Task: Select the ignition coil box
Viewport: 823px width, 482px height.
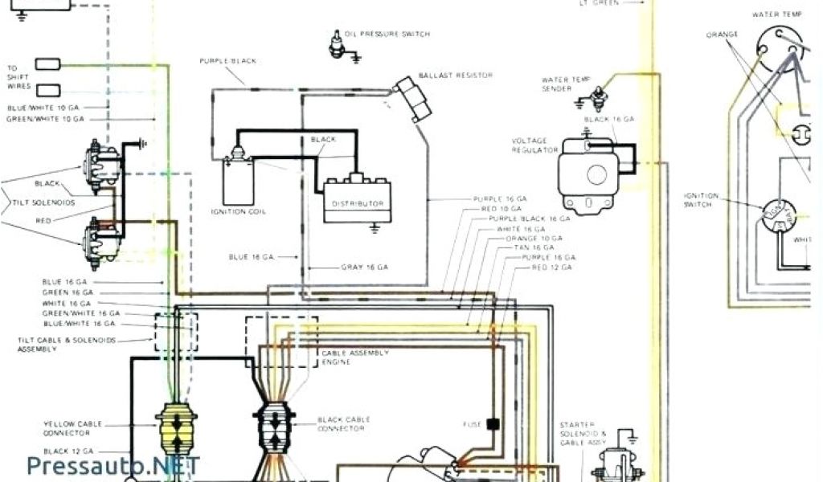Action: pos(238,178)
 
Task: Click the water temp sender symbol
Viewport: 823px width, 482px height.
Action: pos(597,98)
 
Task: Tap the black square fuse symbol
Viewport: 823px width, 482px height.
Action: pos(493,423)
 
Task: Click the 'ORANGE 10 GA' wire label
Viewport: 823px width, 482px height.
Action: pos(533,239)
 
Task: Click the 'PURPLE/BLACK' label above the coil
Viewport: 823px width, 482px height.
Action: pos(227,61)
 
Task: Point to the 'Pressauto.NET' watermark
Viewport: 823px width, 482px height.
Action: pos(113,465)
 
